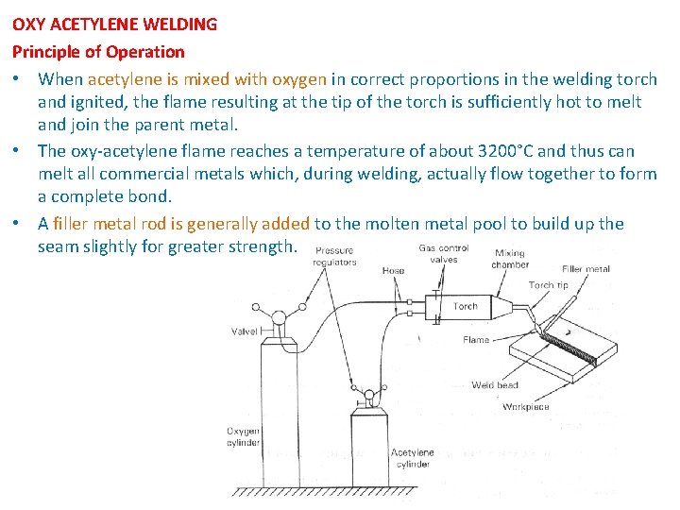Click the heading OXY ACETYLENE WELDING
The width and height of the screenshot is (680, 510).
pyautogui.click(x=114, y=25)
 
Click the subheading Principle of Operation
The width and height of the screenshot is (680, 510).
pyautogui.click(x=98, y=51)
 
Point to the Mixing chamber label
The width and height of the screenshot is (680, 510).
pyautogui.click(x=509, y=259)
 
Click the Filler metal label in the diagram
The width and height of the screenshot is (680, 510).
pyautogui.click(x=586, y=269)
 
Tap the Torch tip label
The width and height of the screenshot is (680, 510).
pyautogui.click(x=548, y=285)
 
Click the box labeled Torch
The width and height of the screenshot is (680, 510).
pyautogui.click(x=466, y=307)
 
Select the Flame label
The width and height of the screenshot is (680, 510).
pyautogui.click(x=476, y=339)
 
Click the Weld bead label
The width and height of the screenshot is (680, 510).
pyautogui.click(x=495, y=385)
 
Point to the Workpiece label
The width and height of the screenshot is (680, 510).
pyautogui.click(x=525, y=407)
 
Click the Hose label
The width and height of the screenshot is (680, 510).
pyautogui.click(x=393, y=271)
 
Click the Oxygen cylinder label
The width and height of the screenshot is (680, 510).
pyautogui.click(x=243, y=437)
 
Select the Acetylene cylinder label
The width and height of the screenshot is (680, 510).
pyautogui.click(x=412, y=458)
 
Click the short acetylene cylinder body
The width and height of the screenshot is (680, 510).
pyautogui.click(x=370, y=453)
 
